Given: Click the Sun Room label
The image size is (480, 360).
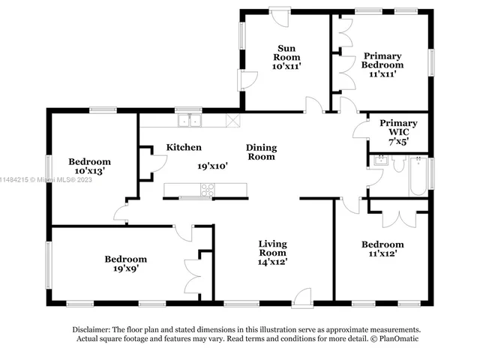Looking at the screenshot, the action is click(286, 52).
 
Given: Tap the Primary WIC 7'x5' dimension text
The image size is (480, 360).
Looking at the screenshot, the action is click(399, 142).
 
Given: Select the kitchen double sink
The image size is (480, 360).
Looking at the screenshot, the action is click(190, 120).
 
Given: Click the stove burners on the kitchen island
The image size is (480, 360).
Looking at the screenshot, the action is click(207, 190).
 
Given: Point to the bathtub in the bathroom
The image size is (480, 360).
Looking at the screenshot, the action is click(418, 176).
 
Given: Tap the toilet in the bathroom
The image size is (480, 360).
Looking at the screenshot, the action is click(398, 163).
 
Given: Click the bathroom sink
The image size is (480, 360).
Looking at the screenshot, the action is click(381, 160).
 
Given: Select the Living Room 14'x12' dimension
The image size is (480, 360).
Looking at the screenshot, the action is click(272, 262).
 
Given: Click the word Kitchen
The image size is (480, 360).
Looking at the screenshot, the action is click(184, 147).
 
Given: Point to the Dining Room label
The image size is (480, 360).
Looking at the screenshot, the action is click(262, 152).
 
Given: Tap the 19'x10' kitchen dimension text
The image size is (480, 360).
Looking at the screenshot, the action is click(212, 166).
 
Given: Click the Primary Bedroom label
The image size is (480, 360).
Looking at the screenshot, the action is click(382, 60).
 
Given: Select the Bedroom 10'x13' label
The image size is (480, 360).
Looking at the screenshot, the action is click(90, 166).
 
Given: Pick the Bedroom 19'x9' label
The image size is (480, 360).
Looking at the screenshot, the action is click(126, 263).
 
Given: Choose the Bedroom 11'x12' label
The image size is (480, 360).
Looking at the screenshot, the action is click(382, 249).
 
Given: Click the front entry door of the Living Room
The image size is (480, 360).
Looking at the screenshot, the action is click(302, 298).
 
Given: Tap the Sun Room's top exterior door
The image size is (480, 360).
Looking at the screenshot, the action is click(279, 18).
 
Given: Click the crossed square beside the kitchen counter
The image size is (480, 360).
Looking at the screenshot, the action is click(233, 120).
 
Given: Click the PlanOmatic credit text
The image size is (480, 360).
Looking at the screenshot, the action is click(398, 338).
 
